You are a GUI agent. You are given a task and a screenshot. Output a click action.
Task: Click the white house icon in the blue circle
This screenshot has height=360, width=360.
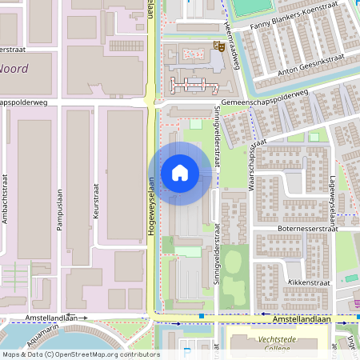tap(180, 172)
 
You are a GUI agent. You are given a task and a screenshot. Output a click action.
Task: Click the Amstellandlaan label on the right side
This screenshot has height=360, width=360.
tap(302, 319)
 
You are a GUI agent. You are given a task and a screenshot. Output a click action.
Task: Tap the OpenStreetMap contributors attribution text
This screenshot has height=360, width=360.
tap(80, 354)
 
